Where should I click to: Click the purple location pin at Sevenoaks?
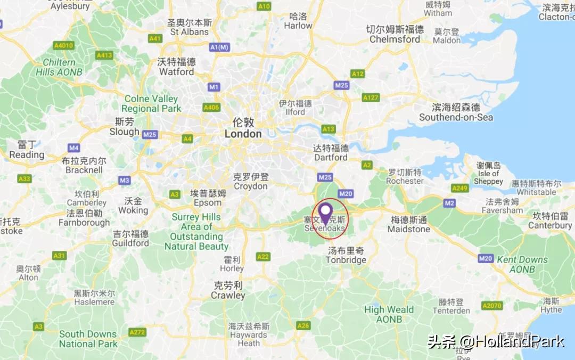(325, 212)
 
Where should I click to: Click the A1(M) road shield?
(219, 47)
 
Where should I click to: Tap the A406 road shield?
(211, 108)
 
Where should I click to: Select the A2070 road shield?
(491, 306)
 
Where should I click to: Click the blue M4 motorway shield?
(73, 148)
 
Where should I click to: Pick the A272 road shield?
(137, 332)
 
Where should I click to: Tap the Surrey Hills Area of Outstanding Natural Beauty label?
(196, 232)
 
